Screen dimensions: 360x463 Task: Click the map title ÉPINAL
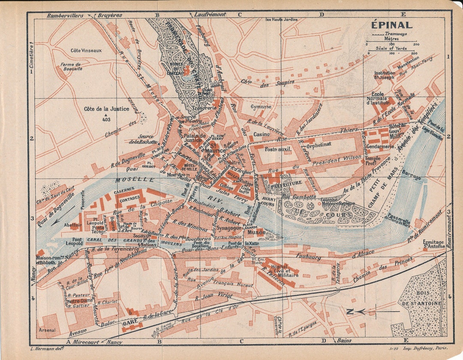[x=391, y=25]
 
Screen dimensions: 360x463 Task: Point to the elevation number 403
[x=105, y=120]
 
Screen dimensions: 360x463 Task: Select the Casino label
[x=262, y=134]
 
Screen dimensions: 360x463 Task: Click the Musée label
[x=256, y=232]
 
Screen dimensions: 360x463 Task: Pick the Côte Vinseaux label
[x=86, y=51]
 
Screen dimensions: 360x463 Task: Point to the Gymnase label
[x=261, y=106]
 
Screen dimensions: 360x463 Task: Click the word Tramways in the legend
[x=396, y=33]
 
